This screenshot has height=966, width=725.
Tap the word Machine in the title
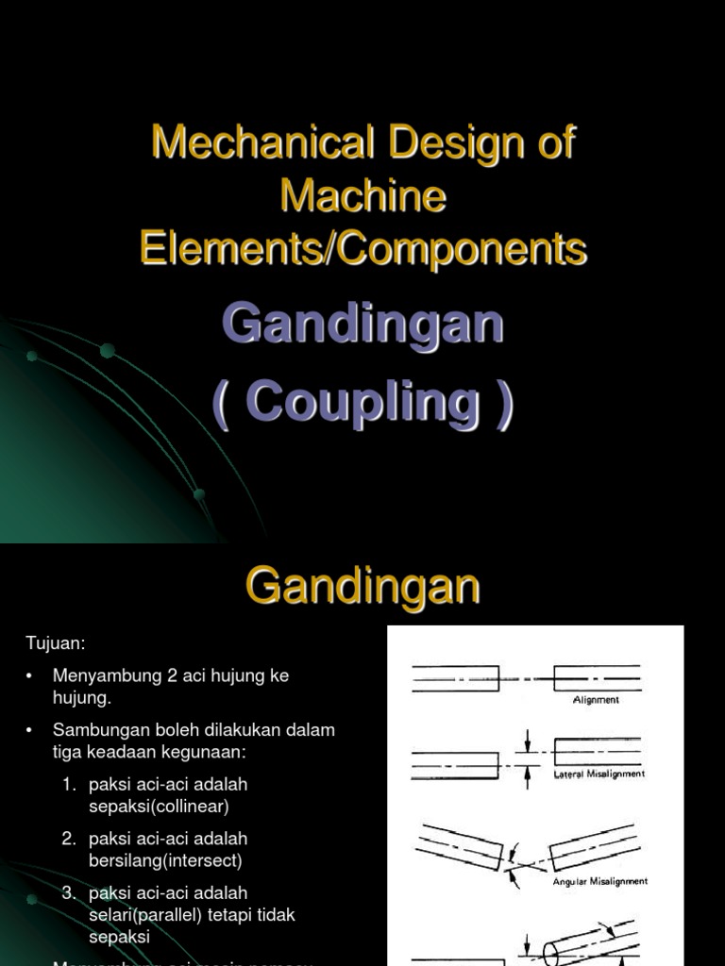point(363,196)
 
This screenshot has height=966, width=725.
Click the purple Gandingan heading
point(363,325)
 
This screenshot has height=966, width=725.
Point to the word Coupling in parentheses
point(363,403)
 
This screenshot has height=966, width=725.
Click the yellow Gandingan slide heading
point(363,587)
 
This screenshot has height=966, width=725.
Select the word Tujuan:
point(56,643)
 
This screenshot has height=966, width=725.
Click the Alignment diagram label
point(596,700)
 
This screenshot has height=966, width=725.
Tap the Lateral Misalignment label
point(597,774)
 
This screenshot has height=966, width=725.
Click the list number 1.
point(69,784)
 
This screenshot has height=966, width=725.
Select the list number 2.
point(69,839)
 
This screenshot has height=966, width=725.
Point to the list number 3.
point(69,892)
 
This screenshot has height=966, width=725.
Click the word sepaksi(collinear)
point(159,807)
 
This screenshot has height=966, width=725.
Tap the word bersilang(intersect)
point(165,860)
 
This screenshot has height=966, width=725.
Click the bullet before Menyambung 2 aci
point(30,676)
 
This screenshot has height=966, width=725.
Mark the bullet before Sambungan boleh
point(30,730)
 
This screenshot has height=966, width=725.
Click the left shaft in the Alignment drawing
point(455,679)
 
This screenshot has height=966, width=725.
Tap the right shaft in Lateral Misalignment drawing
point(597,751)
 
